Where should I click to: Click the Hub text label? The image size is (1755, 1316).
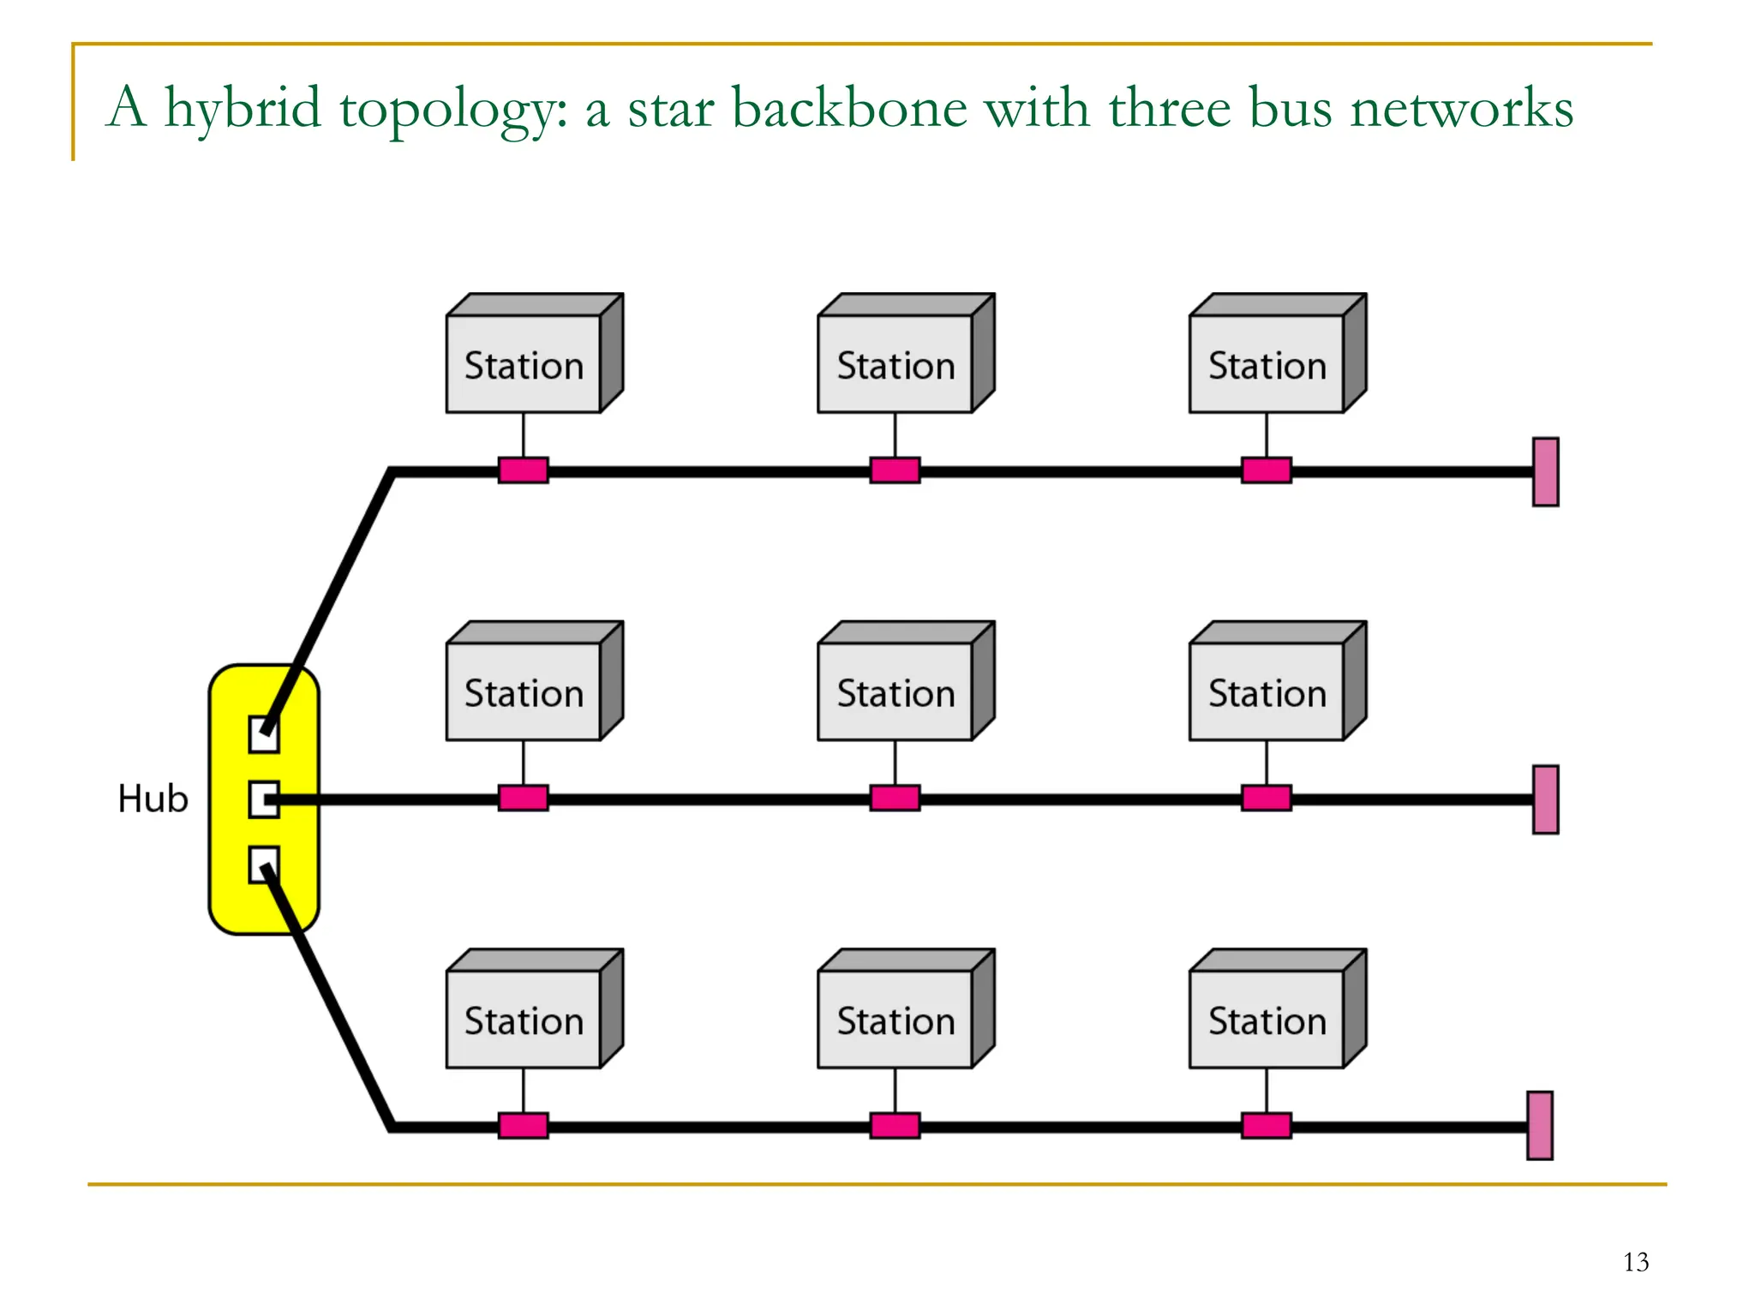153,799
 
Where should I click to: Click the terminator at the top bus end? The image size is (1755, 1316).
1545,472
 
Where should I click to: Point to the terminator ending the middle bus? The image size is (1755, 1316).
1545,799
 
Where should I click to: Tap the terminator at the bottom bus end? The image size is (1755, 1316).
1540,1126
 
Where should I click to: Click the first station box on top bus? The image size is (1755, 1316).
524,364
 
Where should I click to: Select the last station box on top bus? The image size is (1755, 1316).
1267,364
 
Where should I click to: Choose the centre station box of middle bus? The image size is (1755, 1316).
895,691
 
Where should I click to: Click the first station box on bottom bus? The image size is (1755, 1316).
524,1020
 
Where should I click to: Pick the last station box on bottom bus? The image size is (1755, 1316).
1267,1020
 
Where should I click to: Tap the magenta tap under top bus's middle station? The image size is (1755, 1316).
895,470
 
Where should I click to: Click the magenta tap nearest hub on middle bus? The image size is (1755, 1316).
524,799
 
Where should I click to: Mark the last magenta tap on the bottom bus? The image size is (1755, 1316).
1267,1126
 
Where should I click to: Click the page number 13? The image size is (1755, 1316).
1635,1262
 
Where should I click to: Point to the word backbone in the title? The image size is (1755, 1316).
849,108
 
